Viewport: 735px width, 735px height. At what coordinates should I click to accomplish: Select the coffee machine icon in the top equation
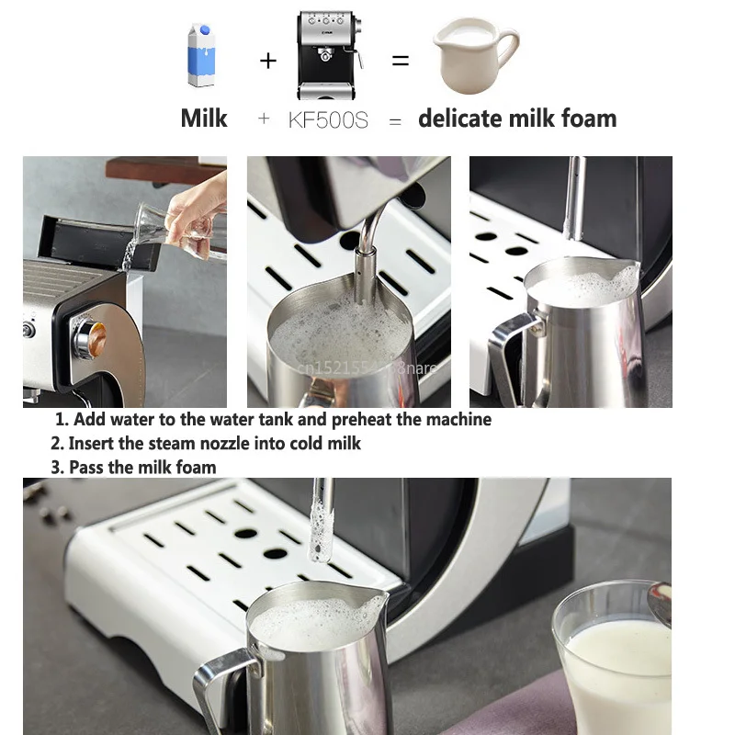[x=325, y=55]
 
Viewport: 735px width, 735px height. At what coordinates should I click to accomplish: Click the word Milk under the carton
[x=204, y=119]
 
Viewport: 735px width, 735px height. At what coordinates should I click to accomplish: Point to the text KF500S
[x=328, y=119]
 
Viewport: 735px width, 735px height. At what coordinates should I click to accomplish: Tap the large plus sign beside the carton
[x=267, y=61]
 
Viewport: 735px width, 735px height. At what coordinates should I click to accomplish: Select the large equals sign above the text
[x=400, y=60]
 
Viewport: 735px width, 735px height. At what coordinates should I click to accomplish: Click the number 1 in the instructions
[x=61, y=420]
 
